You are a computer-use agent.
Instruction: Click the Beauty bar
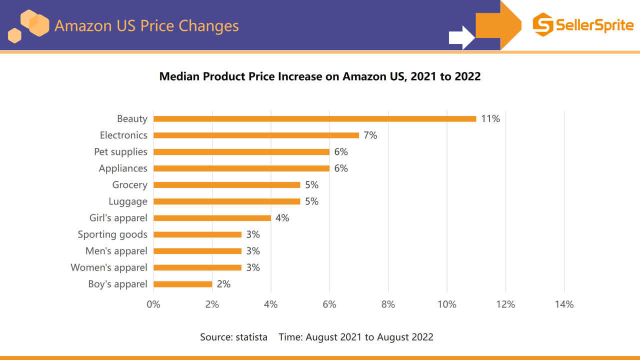314,119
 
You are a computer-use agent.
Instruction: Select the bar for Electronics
256,135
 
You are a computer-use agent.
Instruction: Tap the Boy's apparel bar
183,284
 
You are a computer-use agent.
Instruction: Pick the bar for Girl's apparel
212,218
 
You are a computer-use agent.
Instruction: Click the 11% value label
490,119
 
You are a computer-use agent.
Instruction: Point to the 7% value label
370,135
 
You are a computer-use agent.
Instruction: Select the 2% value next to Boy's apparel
223,284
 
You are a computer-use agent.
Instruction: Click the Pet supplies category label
120,152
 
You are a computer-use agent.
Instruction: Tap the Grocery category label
129,185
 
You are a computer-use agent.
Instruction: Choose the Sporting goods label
112,234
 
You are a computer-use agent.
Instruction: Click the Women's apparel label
109,267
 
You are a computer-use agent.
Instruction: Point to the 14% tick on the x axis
564,304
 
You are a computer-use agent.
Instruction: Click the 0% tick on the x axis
153,304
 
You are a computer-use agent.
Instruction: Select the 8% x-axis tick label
388,304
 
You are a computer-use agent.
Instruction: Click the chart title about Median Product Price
320,76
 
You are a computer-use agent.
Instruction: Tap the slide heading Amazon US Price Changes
146,25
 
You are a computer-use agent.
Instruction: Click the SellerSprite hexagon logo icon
543,25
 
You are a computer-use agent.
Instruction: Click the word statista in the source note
251,337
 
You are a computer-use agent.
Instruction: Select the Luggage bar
226,201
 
